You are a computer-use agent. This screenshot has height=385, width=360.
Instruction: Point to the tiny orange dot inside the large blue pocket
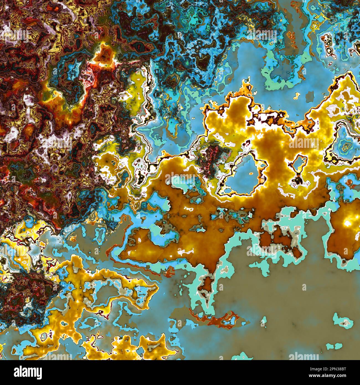(x=250, y=174)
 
